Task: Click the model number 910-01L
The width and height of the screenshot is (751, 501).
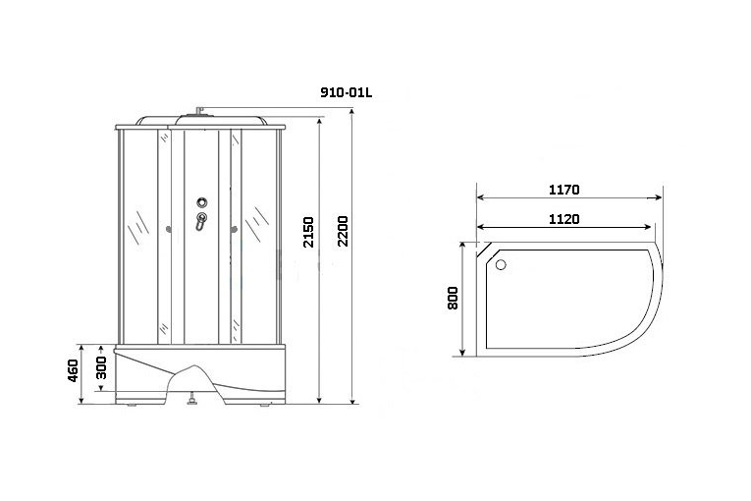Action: click(x=346, y=93)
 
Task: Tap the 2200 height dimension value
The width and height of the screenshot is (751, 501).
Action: click(x=343, y=231)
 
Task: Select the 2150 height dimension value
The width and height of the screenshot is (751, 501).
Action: click(x=309, y=232)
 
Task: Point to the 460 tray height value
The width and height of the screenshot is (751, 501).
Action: click(x=73, y=370)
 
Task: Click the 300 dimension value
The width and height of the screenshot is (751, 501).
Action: click(x=101, y=367)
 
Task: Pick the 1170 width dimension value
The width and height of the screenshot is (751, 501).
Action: click(x=563, y=190)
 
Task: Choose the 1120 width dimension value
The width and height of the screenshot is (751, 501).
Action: click(x=563, y=219)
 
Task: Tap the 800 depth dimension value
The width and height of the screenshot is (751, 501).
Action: click(x=454, y=298)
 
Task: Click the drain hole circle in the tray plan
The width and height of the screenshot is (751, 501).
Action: click(x=501, y=264)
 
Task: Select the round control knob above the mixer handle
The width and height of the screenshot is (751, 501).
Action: click(x=202, y=202)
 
